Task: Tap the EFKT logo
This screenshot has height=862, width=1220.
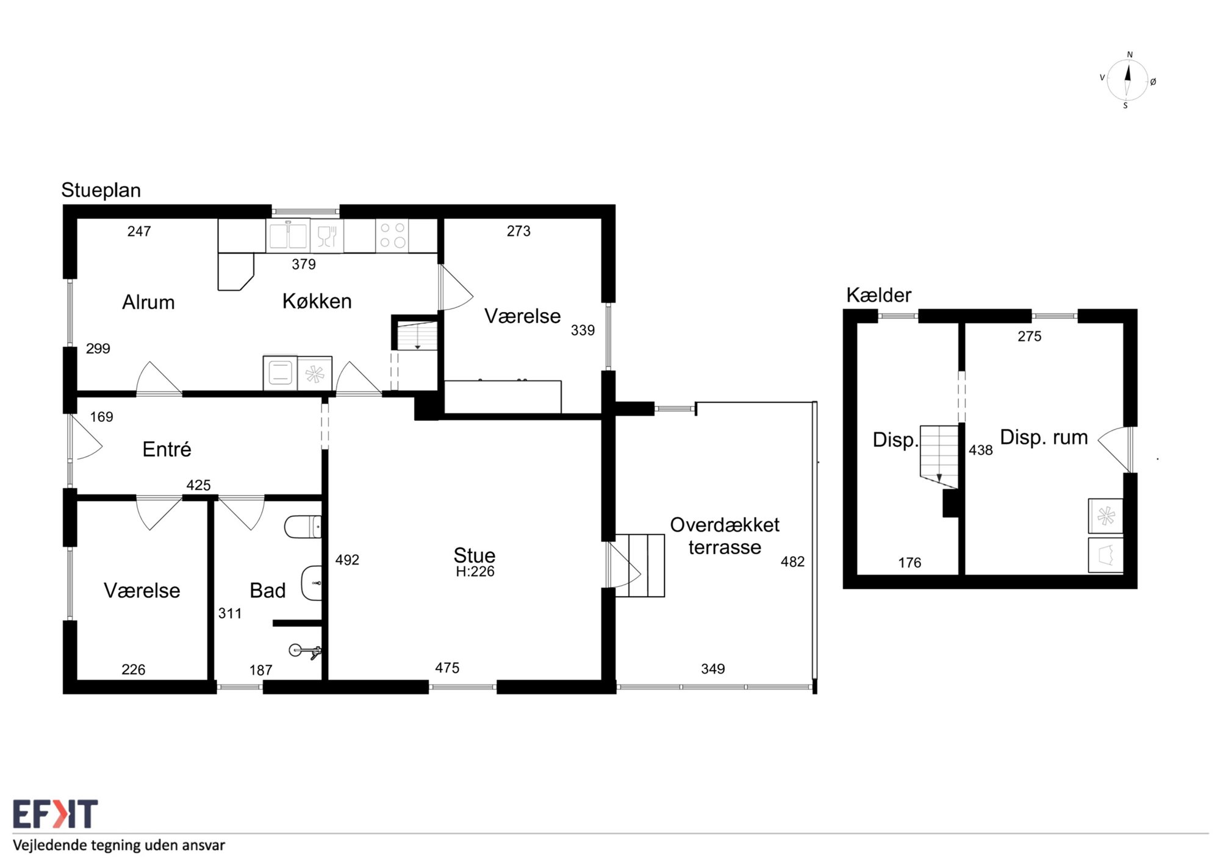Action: [55, 814]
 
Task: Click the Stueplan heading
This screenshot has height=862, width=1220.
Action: [101, 190]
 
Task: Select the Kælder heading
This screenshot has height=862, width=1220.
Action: [878, 295]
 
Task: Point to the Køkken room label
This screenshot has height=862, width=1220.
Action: [317, 301]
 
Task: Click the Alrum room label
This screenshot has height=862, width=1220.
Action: [148, 302]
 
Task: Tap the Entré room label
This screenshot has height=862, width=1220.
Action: [167, 449]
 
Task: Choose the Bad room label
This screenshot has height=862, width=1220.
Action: [267, 590]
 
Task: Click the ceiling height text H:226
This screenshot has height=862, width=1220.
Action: [475, 572]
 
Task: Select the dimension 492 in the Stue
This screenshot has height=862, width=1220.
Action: [347, 560]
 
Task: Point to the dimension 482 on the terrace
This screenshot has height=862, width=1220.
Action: [792, 561]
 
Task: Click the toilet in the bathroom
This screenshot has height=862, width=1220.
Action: [303, 527]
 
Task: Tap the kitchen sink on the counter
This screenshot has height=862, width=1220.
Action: [288, 235]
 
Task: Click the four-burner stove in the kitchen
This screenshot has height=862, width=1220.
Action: [392, 235]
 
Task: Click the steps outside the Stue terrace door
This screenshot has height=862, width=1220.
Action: [640, 566]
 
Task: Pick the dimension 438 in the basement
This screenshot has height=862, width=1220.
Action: [980, 450]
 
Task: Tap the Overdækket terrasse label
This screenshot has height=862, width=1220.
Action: [725, 536]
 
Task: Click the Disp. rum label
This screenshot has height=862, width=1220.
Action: [1044, 437]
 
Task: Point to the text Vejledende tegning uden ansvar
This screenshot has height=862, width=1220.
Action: [119, 846]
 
